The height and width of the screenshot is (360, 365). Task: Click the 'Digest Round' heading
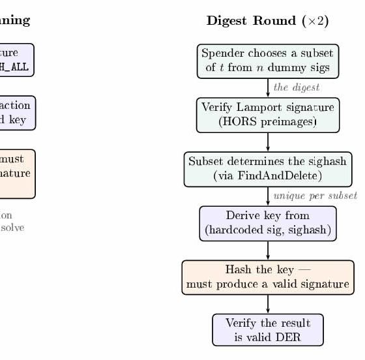coord(252,21)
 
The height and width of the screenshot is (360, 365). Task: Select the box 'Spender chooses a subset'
coord(267,61)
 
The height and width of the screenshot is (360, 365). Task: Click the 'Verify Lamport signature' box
coord(267,115)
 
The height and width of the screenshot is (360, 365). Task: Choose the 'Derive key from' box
coord(267,223)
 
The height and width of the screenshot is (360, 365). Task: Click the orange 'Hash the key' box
coord(267,277)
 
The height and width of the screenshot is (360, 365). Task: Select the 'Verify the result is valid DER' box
coord(267,330)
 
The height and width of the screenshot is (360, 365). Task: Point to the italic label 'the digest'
coord(296,87)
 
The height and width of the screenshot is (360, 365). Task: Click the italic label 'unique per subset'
coord(314,196)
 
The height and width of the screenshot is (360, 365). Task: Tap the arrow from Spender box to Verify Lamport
coord(268,87)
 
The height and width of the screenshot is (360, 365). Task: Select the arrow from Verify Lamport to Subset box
coord(268,142)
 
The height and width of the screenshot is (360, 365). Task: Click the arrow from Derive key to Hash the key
coord(268,250)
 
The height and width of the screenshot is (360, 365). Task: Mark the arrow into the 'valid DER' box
coord(268,303)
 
